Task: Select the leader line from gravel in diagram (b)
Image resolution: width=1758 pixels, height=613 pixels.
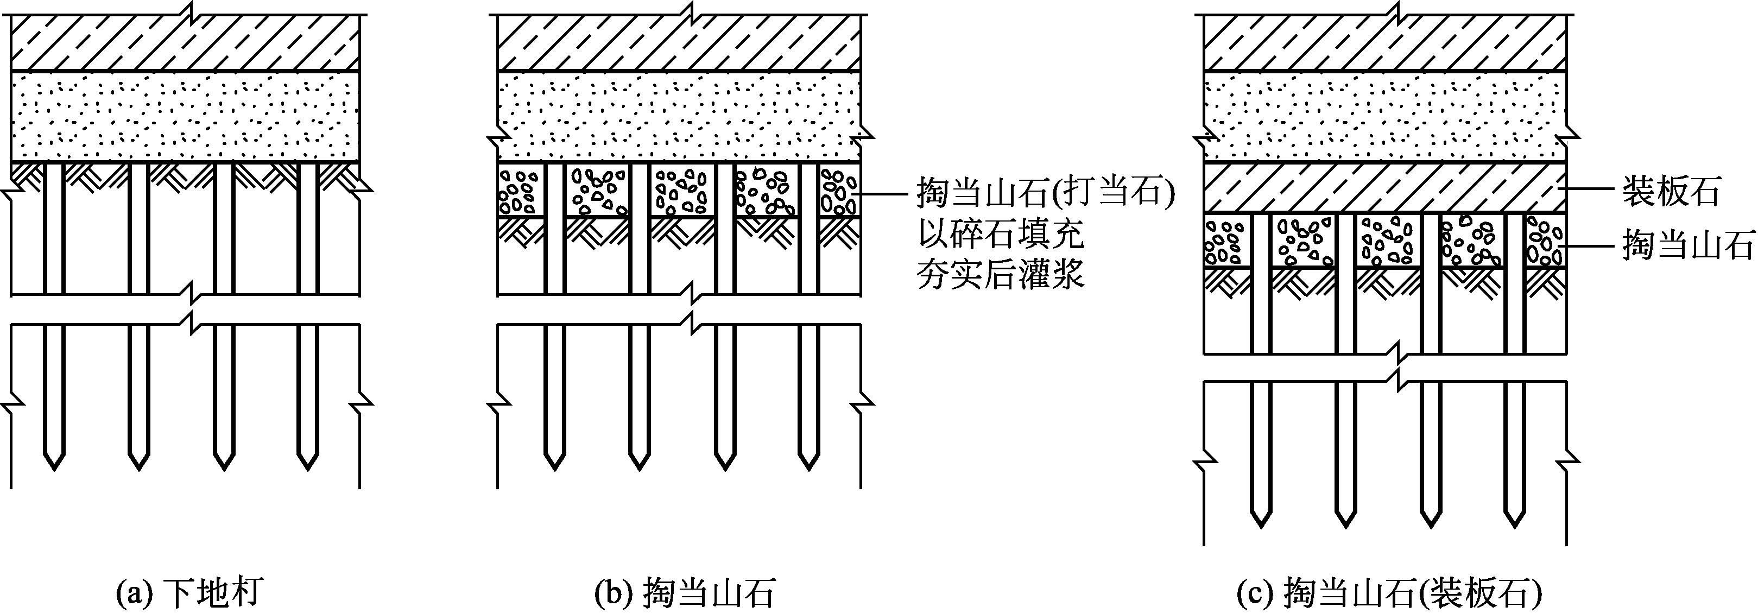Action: (x=887, y=194)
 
